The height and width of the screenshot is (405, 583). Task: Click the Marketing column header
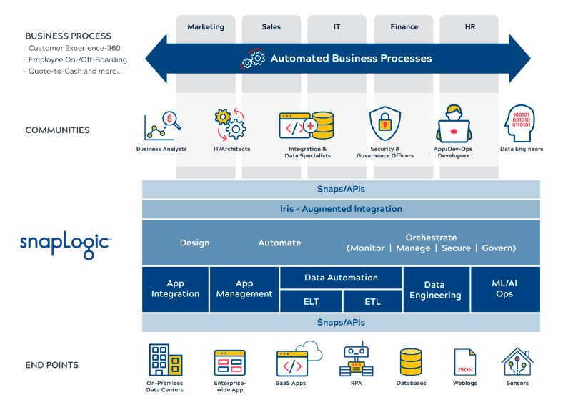coord(206,26)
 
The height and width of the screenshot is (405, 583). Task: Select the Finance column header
coord(404,26)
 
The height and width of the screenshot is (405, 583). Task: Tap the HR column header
coord(469,26)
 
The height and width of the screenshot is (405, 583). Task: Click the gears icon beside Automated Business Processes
coord(253,59)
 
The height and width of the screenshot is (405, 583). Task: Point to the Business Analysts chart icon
coord(162,126)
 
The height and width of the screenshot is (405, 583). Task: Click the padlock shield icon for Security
coord(385,123)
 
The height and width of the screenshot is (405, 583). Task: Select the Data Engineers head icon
coord(519,123)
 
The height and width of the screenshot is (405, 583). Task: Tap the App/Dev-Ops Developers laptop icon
coord(453,124)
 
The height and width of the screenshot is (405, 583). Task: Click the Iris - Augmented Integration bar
coord(341,209)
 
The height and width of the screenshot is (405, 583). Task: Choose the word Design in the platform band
coord(194,243)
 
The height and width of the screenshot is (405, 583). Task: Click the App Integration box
coord(176,289)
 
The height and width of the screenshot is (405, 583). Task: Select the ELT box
coord(311,301)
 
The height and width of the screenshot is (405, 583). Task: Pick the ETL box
coord(372,301)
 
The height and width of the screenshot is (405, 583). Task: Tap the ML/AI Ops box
coord(505,289)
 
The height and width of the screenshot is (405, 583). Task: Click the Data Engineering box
coord(436,289)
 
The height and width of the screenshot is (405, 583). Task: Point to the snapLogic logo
coord(65,244)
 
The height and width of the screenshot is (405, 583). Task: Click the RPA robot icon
coord(357,360)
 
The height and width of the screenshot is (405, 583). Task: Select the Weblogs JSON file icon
coord(465,362)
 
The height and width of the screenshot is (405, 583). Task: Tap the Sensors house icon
coord(517,362)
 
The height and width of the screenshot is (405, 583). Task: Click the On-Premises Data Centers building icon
coord(166,360)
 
